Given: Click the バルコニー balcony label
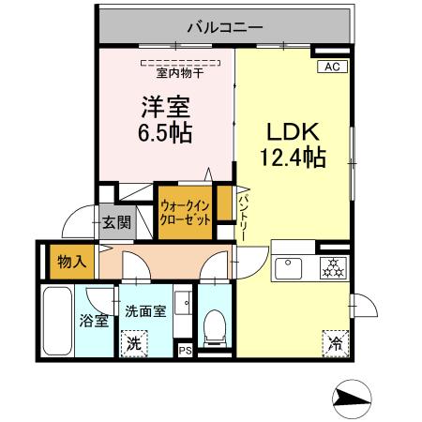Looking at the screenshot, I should (x=225, y=27).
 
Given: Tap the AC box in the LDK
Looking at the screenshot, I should (x=333, y=67).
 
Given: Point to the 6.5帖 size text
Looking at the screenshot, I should (x=167, y=133).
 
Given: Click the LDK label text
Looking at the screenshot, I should (x=293, y=131).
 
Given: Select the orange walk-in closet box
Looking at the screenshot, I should (x=184, y=212).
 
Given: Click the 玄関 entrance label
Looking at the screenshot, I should (x=117, y=223).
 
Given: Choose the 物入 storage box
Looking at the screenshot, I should (x=67, y=262).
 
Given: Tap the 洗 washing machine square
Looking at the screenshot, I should (x=134, y=343).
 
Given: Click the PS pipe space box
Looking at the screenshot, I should (x=186, y=352).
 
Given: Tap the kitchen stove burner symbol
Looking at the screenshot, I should (x=332, y=266).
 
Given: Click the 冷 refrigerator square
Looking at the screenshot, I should (x=334, y=343).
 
